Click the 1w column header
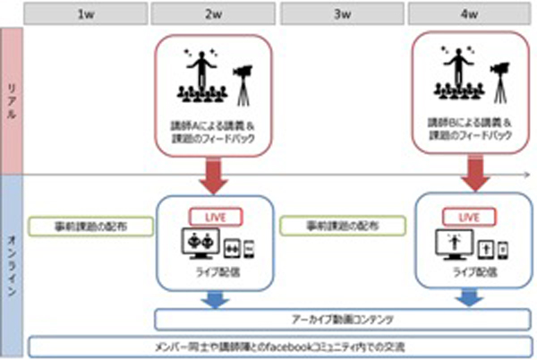pyautogui.click(x=86, y=14)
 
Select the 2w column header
pyautogui.click(x=213, y=14)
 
